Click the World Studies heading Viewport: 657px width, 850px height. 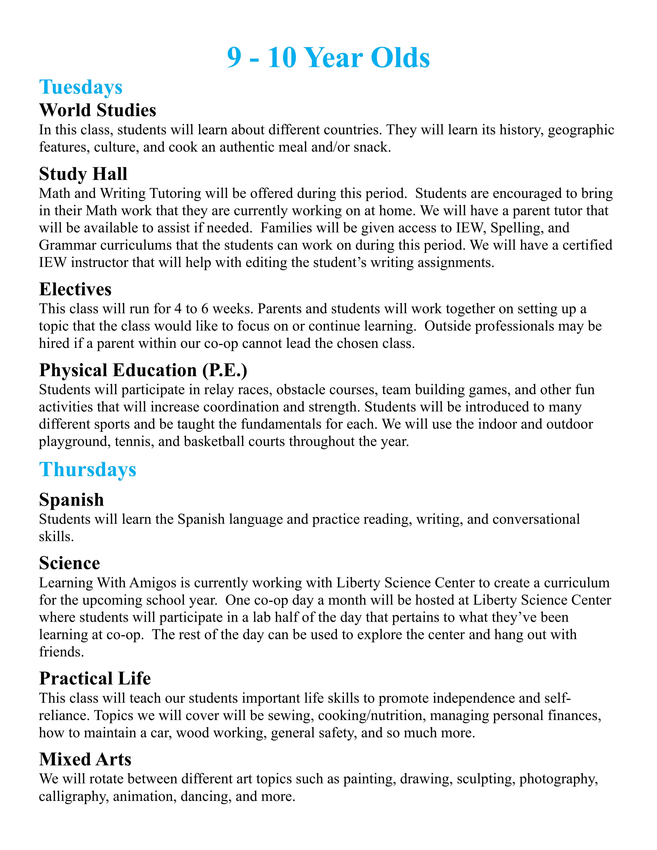tap(98, 110)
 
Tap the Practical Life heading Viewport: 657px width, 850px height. tap(95, 678)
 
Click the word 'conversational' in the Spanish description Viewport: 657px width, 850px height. tap(536, 519)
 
